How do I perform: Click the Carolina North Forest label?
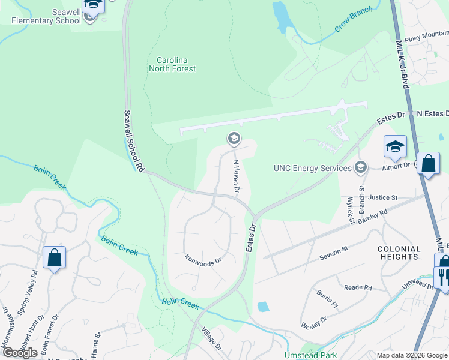pyautogui.click(x=176, y=64)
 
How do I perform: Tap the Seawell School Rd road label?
pyautogui.click(x=134, y=142)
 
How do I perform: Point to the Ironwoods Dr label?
pyautogui.click(x=203, y=260)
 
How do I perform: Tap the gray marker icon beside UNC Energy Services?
pyautogui.click(x=360, y=167)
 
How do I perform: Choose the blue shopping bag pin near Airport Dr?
pyautogui.click(x=428, y=164)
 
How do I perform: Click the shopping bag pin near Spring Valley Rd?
pyautogui.click(x=54, y=258)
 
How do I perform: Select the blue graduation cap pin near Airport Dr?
pyautogui.click(x=395, y=146)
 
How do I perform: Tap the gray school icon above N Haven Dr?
pyautogui.click(x=234, y=140)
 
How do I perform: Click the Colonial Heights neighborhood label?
pyautogui.click(x=399, y=253)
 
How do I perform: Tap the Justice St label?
pyautogui.click(x=382, y=197)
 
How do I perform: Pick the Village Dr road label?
pyautogui.click(x=212, y=340)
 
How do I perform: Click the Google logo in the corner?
pyautogui.click(x=20, y=353)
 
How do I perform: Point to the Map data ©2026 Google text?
pyautogui.click(x=412, y=355)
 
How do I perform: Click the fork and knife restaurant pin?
pyautogui.click(x=442, y=277)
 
